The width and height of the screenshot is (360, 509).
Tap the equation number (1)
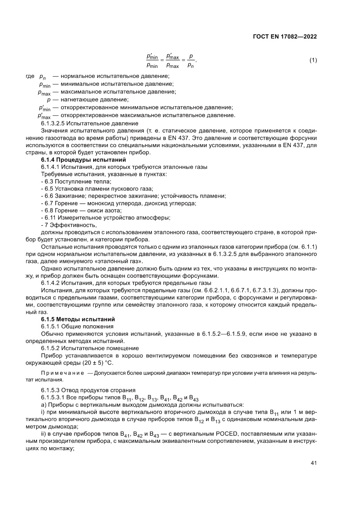pos(313,61)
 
